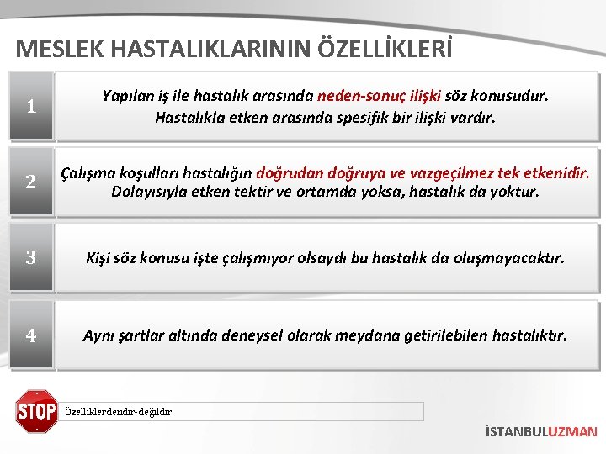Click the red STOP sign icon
tap(36, 411)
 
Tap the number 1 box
tap(31, 106)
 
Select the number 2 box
tap(31, 182)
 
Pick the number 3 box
tap(31, 258)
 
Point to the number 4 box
tap(31, 335)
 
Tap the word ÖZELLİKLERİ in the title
tap(385, 49)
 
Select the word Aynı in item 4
tap(99, 335)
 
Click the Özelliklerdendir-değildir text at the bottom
tap(119, 412)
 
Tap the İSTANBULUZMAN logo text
tap(541, 431)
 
